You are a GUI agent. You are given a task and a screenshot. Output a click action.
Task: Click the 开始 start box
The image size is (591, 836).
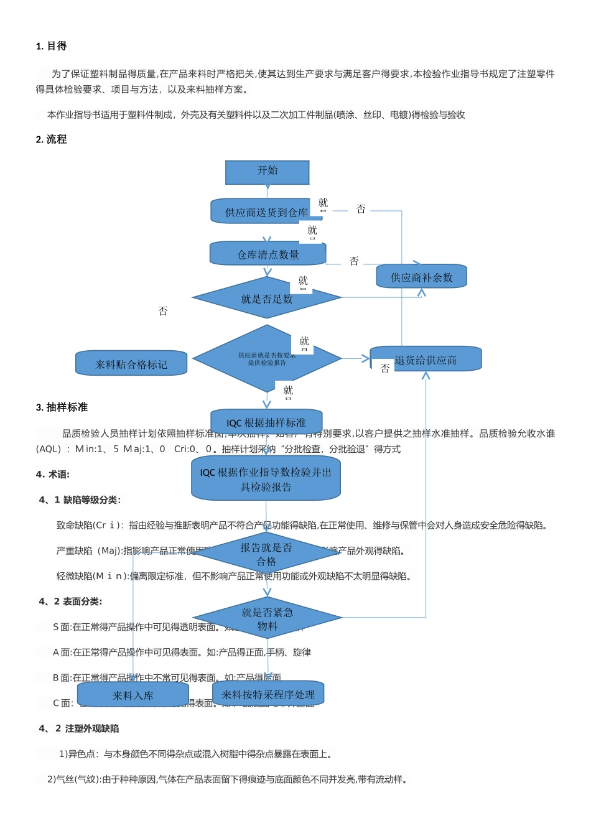click(x=267, y=172)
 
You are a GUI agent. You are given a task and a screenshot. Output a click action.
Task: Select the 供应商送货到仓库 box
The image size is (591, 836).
click(x=266, y=211)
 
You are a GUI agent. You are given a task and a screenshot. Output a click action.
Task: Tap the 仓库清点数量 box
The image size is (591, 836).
click(x=268, y=254)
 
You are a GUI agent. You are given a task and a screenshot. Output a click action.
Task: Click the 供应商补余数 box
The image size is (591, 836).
click(x=421, y=277)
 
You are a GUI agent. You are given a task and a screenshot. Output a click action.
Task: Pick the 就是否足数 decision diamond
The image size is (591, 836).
click(x=266, y=299)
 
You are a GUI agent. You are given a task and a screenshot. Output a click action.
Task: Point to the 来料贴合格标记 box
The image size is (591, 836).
click(x=131, y=364)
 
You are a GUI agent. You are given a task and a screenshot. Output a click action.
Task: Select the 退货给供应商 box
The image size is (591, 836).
click(x=426, y=360)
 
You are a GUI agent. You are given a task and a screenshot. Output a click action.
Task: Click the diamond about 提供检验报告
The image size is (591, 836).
click(x=266, y=359)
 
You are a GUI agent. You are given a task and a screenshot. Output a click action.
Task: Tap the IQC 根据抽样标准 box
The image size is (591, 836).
click(x=266, y=422)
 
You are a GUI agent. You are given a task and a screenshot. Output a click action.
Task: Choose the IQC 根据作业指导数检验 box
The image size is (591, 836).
click(x=266, y=479)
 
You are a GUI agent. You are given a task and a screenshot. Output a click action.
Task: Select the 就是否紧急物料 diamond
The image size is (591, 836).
click(x=267, y=618)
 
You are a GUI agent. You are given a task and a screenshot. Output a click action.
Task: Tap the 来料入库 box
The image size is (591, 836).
click(x=133, y=695)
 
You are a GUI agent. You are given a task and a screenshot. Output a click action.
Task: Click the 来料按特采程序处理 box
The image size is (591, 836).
click(x=268, y=694)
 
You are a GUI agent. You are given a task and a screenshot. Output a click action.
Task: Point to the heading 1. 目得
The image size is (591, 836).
click(x=51, y=46)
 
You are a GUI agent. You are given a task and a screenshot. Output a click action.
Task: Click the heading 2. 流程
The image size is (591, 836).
click(x=51, y=139)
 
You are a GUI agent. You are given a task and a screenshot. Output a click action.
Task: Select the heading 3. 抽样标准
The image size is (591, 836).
click(x=62, y=407)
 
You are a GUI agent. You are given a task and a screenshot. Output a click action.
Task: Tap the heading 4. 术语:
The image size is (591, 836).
click(x=53, y=474)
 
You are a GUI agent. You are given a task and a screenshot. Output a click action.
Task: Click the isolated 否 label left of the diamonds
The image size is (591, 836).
click(x=163, y=311)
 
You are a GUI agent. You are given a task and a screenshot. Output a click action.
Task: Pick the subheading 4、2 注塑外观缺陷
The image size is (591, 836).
click(x=79, y=728)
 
